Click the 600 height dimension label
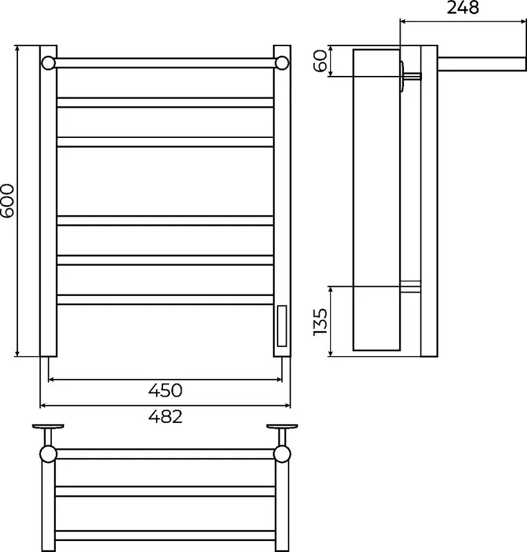[x=8, y=201]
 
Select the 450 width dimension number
[x=165, y=391]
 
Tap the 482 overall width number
[x=165, y=417]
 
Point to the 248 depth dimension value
[x=463, y=8]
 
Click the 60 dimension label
[x=320, y=61]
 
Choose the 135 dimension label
[x=320, y=322]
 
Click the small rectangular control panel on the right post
[x=282, y=326]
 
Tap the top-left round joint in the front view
[x=48, y=63]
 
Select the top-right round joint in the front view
[x=282, y=63]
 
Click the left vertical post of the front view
[x=48, y=201]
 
